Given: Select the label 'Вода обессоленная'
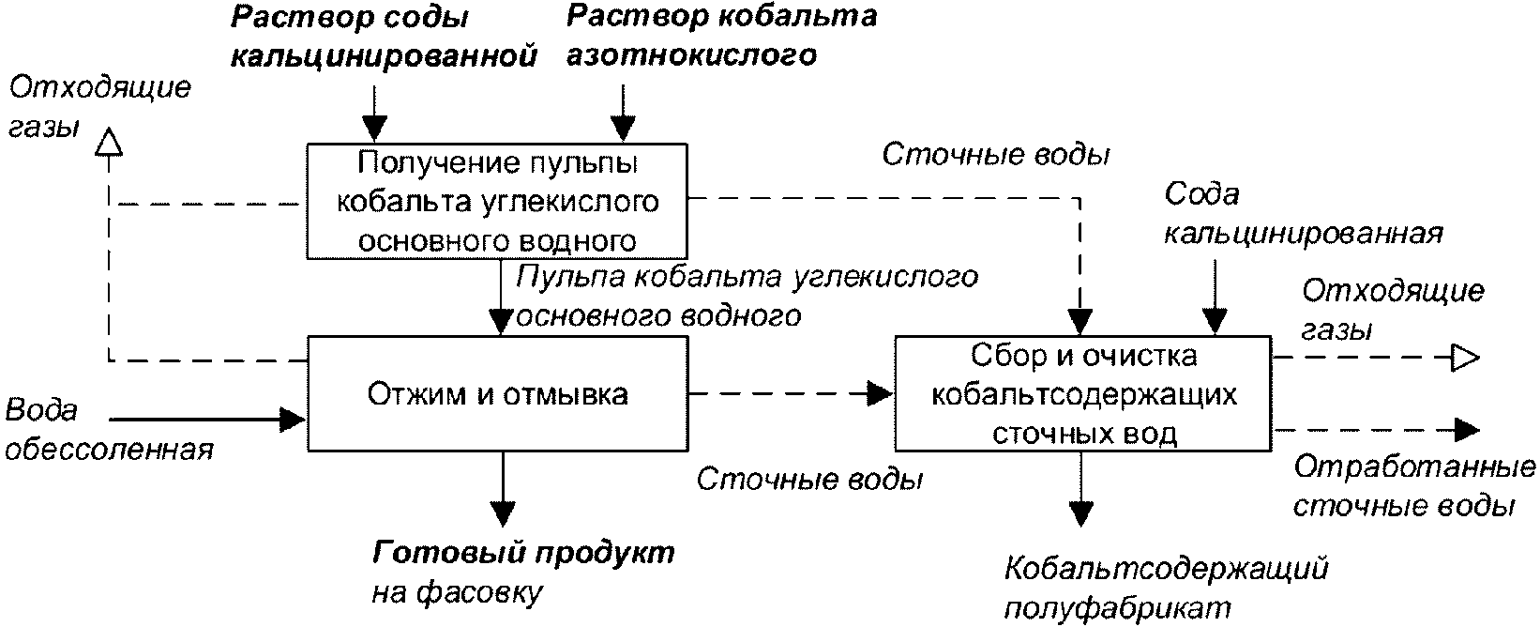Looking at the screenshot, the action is click(x=109, y=430).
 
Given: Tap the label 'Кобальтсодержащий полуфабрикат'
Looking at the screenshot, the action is click(x=1166, y=589).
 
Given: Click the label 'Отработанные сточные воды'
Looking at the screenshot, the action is click(x=1414, y=486).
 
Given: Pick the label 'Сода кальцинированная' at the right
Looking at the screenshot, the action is click(x=1304, y=214).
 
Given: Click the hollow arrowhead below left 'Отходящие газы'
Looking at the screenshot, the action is click(x=109, y=142).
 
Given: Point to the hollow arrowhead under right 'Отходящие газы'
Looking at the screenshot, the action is click(x=1464, y=358).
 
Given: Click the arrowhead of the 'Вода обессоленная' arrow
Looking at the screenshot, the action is click(x=294, y=420).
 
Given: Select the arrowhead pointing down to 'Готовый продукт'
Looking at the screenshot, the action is click(x=503, y=513).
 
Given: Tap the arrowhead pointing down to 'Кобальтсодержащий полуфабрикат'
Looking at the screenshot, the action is click(x=1080, y=513).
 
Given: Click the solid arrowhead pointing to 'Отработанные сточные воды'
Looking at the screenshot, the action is click(x=1467, y=430).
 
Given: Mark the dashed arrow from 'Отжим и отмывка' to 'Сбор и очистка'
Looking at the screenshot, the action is click(x=791, y=393).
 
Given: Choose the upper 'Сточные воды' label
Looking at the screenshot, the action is click(x=996, y=155).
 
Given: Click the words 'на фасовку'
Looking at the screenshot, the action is click(x=458, y=592).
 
